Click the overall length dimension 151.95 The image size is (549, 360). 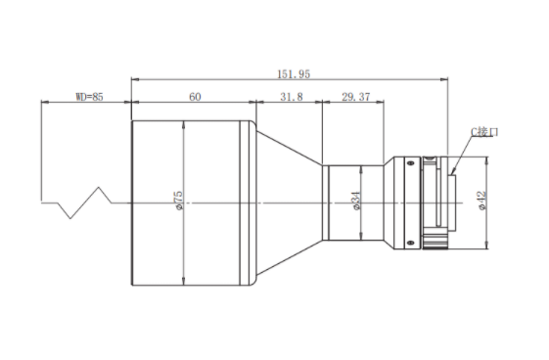294,74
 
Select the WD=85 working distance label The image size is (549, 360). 90,97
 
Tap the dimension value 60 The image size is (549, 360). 195,97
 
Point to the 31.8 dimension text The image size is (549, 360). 292,97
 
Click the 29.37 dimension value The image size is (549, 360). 356,97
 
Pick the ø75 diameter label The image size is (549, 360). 178,201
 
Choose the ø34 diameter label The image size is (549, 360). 356,201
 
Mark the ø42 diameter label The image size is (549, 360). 482,201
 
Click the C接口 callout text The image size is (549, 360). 484,132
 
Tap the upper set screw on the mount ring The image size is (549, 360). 410,162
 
